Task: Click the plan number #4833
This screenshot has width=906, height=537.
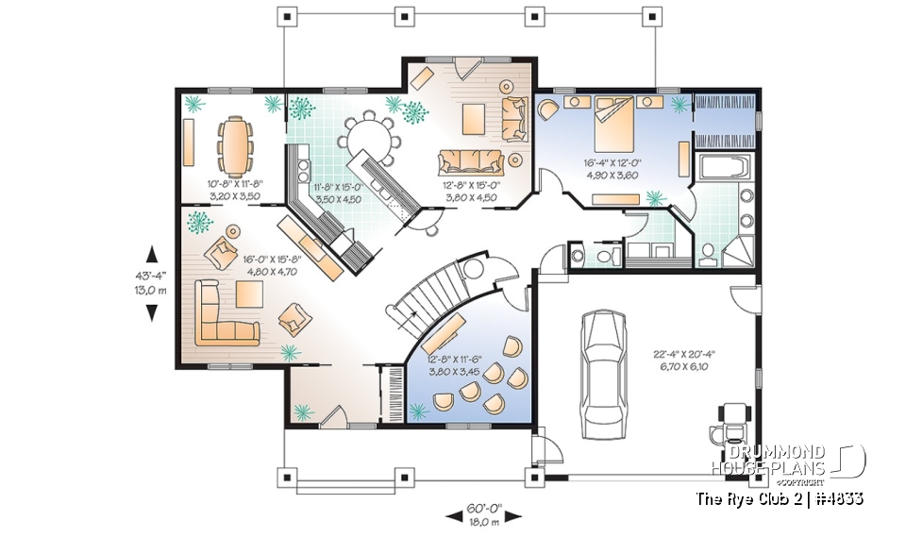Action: coord(835,497)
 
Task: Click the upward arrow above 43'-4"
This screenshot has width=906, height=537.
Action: coord(151,252)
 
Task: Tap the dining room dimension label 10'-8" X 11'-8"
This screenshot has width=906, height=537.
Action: coord(235,192)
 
